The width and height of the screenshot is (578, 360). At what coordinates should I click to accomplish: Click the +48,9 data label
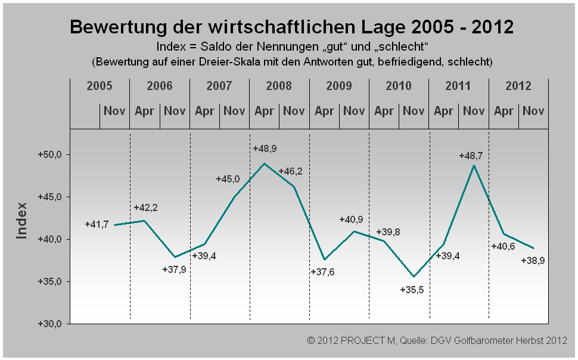(265, 148)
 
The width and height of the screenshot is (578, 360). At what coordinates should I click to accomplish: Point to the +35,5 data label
(412, 290)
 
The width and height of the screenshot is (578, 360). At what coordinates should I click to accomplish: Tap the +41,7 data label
(97, 225)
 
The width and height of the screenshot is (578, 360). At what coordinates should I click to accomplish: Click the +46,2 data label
(290, 171)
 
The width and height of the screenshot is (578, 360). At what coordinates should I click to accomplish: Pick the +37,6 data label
(323, 272)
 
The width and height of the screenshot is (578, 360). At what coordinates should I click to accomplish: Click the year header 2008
(279, 86)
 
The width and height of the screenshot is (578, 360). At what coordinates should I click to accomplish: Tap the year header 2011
(458, 86)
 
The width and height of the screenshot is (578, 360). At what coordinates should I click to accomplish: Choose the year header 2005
(100, 86)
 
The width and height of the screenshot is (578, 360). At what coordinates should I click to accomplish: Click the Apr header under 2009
(324, 111)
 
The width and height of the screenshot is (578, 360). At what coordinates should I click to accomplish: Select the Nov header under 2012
(533, 111)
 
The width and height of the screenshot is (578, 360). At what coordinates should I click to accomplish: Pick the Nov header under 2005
(114, 111)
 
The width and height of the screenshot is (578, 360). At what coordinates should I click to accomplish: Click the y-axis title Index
(22, 221)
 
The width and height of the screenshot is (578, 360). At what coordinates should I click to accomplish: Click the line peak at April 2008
(265, 163)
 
